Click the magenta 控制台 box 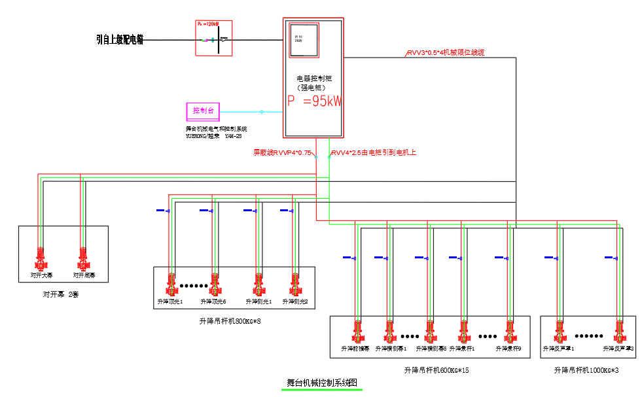(203, 110)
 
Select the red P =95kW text (315, 101)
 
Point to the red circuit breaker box (213, 38)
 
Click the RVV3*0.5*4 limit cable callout (446, 52)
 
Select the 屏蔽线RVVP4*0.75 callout (281, 152)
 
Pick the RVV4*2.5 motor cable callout (374, 152)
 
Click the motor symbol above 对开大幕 (41, 259)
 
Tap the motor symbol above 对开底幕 (83, 259)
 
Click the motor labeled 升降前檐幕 (357, 332)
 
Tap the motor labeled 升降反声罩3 (619, 332)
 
